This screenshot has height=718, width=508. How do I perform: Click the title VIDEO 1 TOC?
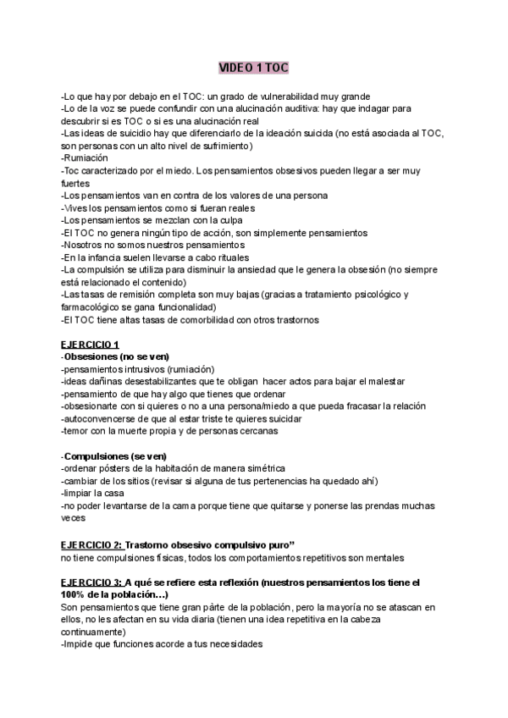[253, 67]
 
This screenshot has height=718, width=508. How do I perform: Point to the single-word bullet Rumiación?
[86, 158]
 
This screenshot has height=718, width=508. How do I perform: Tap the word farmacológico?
[96, 306]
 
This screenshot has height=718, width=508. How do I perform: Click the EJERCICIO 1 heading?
[91, 343]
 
